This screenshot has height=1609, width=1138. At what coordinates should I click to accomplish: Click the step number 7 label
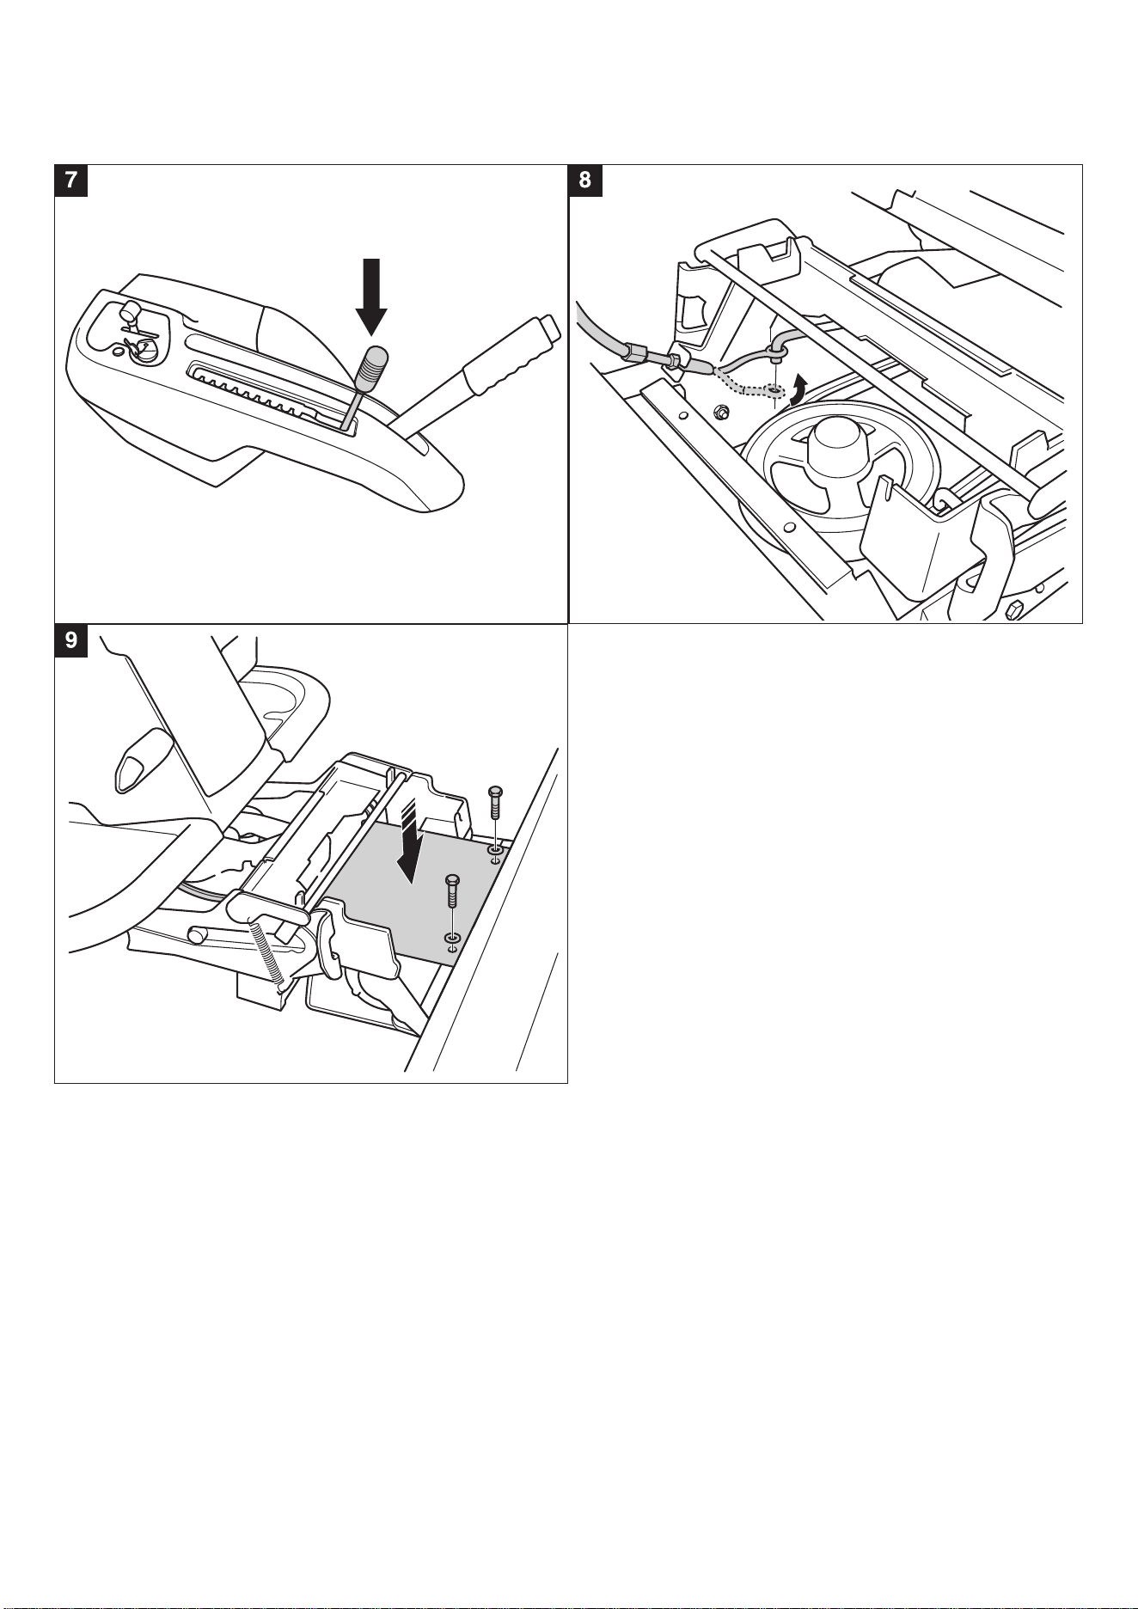[70, 180]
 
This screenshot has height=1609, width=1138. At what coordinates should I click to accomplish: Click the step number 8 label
[585, 180]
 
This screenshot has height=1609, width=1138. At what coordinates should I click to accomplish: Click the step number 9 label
[70, 640]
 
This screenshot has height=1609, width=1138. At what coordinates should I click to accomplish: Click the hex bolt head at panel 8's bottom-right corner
[1013, 611]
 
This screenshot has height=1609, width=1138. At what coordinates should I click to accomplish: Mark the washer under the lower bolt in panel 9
[452, 936]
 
